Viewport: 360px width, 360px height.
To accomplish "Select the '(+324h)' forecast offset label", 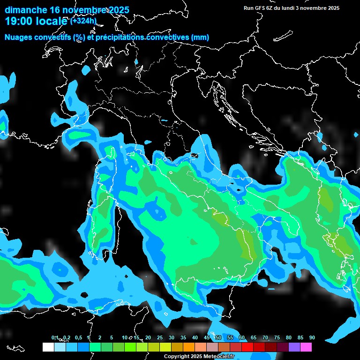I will point(83,21).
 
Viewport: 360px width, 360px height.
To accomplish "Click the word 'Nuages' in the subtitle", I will point(19,37).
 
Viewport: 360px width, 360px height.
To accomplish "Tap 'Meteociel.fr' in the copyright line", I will point(221,357).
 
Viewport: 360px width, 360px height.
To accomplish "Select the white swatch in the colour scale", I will point(48,347).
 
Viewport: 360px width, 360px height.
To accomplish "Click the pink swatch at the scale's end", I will point(306,347).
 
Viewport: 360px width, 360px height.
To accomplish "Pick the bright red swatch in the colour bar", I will point(247,347).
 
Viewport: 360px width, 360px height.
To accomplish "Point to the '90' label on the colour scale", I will point(312,337).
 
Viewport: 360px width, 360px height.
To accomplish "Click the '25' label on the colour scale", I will point(160,337).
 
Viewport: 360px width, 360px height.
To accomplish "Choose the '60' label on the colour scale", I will point(242,337).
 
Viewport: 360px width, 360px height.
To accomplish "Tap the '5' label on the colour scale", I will point(112,337).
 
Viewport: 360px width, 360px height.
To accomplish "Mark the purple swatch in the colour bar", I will point(294,347).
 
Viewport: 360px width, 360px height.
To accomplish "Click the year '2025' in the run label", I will point(333,8).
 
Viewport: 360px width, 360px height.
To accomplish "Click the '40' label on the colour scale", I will point(195,337).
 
